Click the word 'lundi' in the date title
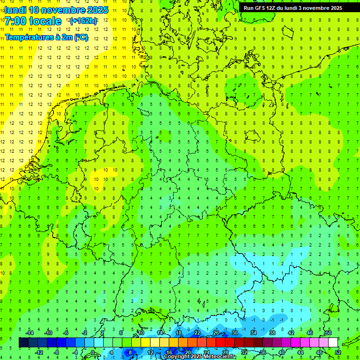tap(15, 10)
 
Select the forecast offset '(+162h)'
tap(83, 21)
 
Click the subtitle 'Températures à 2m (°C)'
tap(46, 37)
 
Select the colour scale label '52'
tap(338, 352)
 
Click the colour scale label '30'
tap(234, 333)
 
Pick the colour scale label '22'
tap(197, 333)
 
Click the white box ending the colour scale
tap(333, 343)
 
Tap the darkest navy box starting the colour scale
tap(23, 343)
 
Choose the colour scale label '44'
tap(300, 352)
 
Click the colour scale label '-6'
tap(66, 333)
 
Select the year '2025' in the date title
tap(97, 10)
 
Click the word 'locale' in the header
tap(45, 21)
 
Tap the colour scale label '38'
tap(272, 333)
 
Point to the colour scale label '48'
tap(319, 352)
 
